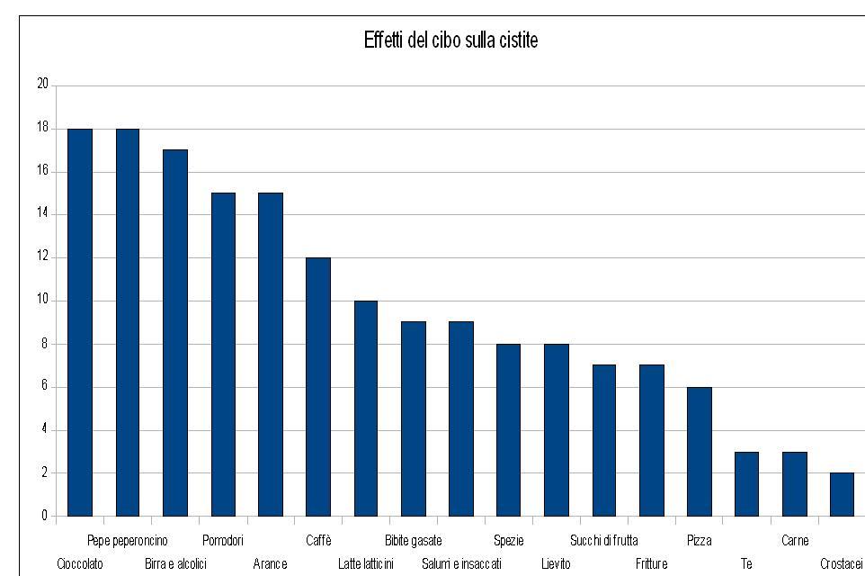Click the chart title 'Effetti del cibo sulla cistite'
point(450,40)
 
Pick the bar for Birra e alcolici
point(175,333)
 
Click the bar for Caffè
point(318,387)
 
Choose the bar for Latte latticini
point(366,409)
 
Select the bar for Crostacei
point(842,494)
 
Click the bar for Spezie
point(509,430)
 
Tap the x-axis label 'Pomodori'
point(223,541)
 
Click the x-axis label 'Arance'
point(270,564)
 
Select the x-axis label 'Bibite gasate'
point(413,541)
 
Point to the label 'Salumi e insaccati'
point(461,564)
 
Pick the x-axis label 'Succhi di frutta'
point(603,541)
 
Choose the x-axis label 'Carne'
point(795,541)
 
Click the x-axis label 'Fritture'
point(651,564)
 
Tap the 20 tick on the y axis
point(42,85)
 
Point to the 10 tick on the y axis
point(42,301)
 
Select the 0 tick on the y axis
point(44,516)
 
